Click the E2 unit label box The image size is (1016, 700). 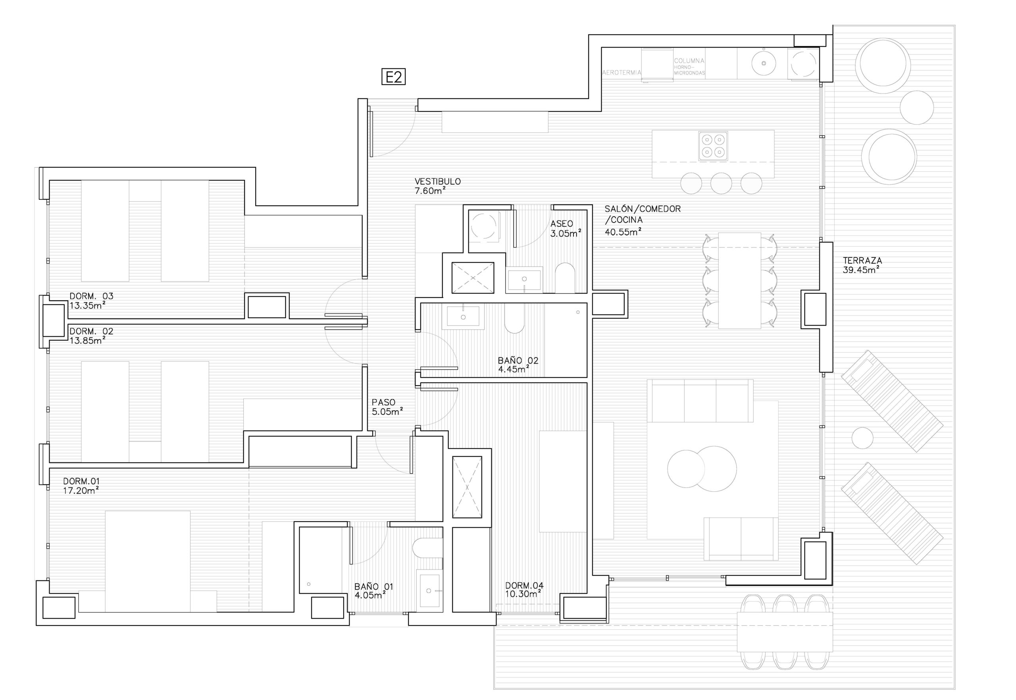[x=393, y=77]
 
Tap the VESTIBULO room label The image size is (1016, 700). [x=438, y=181]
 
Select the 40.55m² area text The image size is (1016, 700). [x=623, y=232]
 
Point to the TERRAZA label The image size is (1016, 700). [x=862, y=261]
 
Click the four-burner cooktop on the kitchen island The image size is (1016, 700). [x=713, y=146]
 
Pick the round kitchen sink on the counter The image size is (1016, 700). [x=764, y=63]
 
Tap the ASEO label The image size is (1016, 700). [x=561, y=224]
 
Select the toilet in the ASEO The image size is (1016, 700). [x=565, y=278]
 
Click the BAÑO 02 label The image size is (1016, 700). [x=518, y=361]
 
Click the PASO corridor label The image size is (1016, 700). [x=383, y=402]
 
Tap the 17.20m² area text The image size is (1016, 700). [x=81, y=490]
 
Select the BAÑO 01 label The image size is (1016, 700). [x=374, y=587]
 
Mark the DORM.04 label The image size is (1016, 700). [x=524, y=585]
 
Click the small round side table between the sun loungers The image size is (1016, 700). [x=862, y=438]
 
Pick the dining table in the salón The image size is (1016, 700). [x=739, y=280]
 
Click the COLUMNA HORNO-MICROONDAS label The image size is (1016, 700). [x=689, y=67]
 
